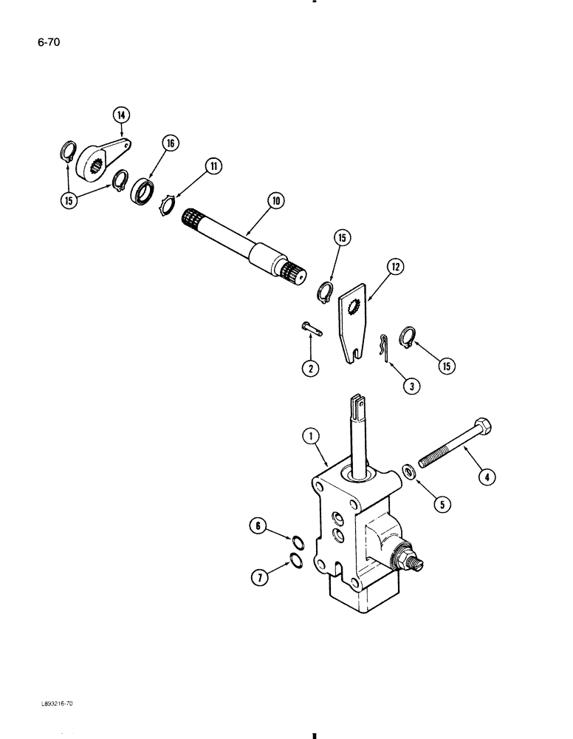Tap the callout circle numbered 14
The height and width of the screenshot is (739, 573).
tap(121, 115)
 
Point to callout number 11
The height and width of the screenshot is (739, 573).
tap(214, 166)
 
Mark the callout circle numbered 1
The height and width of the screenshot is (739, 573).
tap(309, 437)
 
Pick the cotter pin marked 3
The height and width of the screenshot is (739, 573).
tap(382, 347)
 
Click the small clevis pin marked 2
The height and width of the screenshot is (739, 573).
tap(310, 328)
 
